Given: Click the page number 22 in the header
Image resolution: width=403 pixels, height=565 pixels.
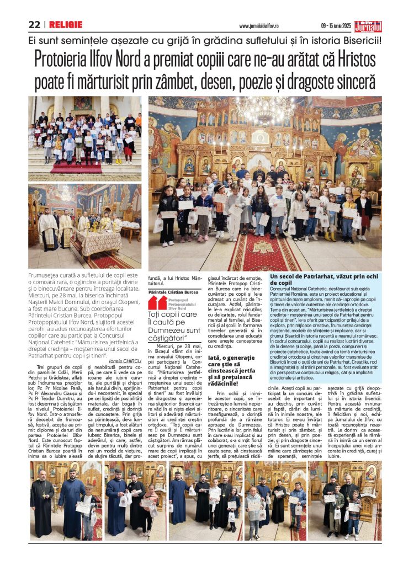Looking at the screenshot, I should (x=35, y=25).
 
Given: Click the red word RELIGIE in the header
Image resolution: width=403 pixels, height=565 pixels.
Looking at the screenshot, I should (x=65, y=25).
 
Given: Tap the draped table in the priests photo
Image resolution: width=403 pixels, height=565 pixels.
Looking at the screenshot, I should (x=96, y=241).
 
